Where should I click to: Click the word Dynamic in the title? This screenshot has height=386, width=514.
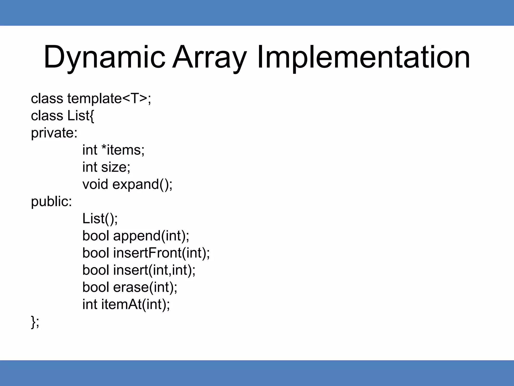point(104,57)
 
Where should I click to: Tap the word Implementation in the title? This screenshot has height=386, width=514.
point(363,57)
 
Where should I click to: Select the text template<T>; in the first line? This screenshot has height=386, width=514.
point(109,98)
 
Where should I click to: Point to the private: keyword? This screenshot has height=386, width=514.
point(54,133)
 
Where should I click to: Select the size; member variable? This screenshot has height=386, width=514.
point(116,167)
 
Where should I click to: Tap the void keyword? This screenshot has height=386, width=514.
point(95,184)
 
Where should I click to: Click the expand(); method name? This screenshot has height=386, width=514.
point(142,185)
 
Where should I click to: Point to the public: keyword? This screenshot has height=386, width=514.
point(51,202)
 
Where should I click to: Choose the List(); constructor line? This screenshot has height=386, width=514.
point(100,218)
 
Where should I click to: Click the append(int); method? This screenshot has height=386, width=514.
point(151,236)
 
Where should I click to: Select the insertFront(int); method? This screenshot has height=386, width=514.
point(161,253)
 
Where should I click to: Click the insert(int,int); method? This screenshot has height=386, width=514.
point(154,270)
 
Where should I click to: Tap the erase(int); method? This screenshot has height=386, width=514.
point(145,287)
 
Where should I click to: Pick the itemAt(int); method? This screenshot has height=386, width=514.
point(136,304)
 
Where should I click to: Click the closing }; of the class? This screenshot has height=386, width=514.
point(35,322)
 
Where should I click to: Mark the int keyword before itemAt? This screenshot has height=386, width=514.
point(90,304)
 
